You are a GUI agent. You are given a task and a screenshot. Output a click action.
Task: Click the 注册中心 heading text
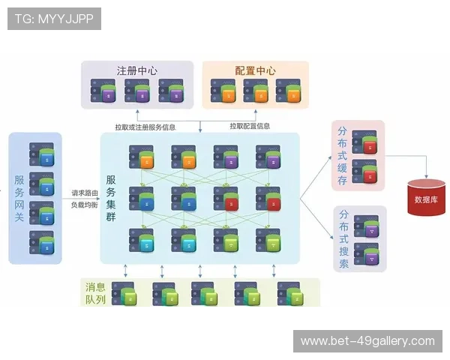pyautogui.click(x=136, y=70)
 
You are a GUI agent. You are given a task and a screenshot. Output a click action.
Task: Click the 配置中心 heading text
pyautogui.click(x=255, y=70)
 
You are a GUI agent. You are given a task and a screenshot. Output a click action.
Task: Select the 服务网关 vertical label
pyautogui.click(x=19, y=198)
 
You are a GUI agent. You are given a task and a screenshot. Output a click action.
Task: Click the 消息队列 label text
pyautogui.click(x=95, y=293)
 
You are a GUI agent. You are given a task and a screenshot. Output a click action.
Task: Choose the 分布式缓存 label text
pyautogui.click(x=343, y=154)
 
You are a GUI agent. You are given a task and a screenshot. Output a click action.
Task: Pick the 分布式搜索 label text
pyautogui.click(x=343, y=238)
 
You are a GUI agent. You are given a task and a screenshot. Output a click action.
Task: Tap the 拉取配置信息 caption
pyautogui.click(x=250, y=126)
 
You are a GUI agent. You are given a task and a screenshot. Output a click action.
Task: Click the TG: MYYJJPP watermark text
pyautogui.click(x=54, y=19)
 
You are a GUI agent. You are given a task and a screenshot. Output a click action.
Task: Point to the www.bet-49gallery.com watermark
pyautogui.click(x=367, y=341)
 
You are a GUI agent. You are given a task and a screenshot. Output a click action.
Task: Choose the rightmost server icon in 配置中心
pyautogui.click(x=284, y=92)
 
